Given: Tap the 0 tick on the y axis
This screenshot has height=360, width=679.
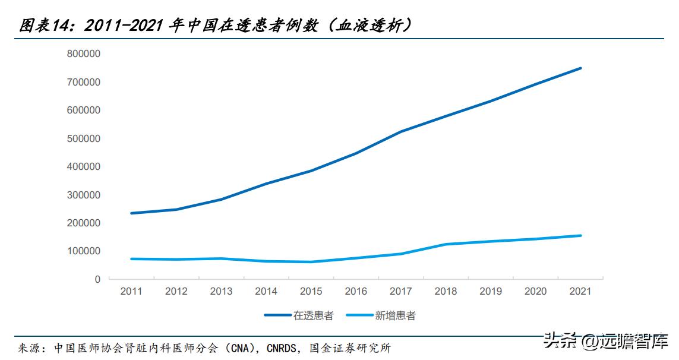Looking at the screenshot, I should pyautogui.click(x=97, y=279).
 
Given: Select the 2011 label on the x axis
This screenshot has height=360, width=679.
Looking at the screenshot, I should pyautogui.click(x=131, y=291).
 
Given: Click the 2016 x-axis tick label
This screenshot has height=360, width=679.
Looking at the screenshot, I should pyautogui.click(x=356, y=291).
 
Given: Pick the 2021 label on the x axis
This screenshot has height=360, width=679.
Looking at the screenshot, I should pyautogui.click(x=580, y=291).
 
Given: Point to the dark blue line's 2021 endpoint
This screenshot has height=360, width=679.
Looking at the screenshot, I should pyautogui.click(x=580, y=68).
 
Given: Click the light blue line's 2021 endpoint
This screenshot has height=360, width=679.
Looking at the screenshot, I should pyautogui.click(x=580, y=235).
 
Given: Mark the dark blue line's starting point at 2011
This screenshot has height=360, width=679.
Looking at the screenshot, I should pyautogui.click(x=131, y=213).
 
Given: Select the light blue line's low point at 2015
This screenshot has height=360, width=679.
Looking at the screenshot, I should pyautogui.click(x=311, y=262).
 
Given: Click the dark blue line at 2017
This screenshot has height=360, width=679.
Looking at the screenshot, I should pyautogui.click(x=401, y=131).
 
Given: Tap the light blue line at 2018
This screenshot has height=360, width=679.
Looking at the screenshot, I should pyautogui.click(x=446, y=244).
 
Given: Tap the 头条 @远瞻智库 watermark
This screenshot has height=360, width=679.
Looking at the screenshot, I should pyautogui.click(x=606, y=341).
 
